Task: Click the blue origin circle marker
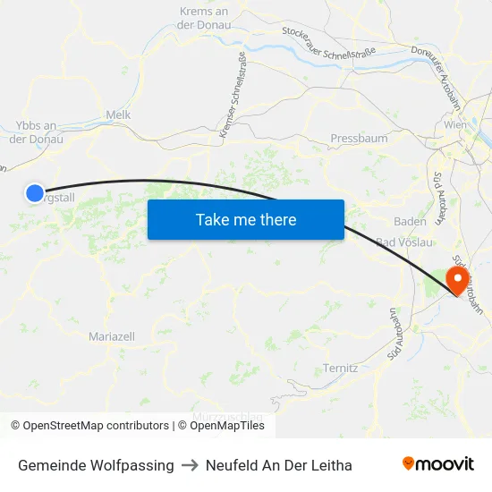(34, 192)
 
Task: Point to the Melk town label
(118, 115)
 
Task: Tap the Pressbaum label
(359, 139)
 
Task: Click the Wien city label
(455, 126)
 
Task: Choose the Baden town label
(410, 221)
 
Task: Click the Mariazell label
(112, 336)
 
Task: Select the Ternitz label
(341, 368)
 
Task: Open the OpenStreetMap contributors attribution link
(89, 426)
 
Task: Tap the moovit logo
(438, 464)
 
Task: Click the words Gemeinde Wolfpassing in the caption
(96, 465)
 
